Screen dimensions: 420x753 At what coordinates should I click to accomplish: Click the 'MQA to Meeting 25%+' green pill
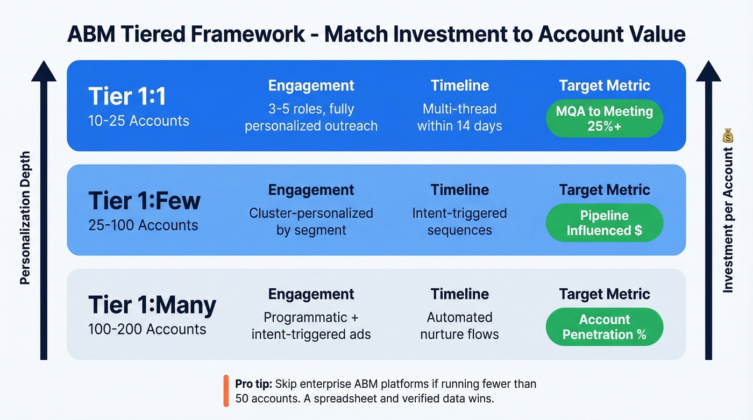click(x=604, y=119)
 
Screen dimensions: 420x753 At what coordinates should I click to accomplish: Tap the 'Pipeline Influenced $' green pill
click(x=604, y=223)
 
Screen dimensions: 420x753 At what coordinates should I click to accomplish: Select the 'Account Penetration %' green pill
click(x=604, y=326)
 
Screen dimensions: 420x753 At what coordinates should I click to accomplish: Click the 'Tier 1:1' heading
click(x=127, y=97)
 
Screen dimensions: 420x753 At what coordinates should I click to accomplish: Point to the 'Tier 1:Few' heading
click(x=144, y=201)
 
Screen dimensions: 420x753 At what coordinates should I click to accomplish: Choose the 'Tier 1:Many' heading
click(x=152, y=305)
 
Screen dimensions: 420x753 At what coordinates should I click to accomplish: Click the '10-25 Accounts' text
click(x=139, y=120)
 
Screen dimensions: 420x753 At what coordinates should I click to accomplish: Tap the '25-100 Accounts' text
click(x=143, y=225)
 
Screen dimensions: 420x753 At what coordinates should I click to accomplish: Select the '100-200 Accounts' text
click(x=147, y=329)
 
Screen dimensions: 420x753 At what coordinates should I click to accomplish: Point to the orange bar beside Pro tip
click(x=226, y=391)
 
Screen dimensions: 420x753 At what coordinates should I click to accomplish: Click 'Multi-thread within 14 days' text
click(x=459, y=118)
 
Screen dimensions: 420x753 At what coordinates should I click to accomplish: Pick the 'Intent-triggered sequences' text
click(x=459, y=222)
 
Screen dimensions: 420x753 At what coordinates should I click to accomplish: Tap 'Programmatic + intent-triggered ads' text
click(x=311, y=326)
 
